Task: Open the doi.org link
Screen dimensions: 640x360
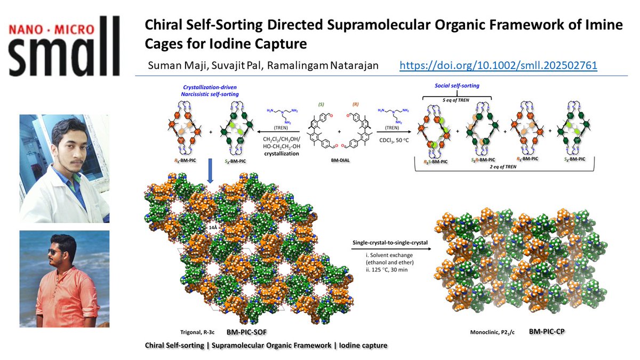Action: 498,66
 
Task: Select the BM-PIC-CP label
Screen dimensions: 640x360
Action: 547,331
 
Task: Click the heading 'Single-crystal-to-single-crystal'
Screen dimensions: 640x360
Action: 390,243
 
